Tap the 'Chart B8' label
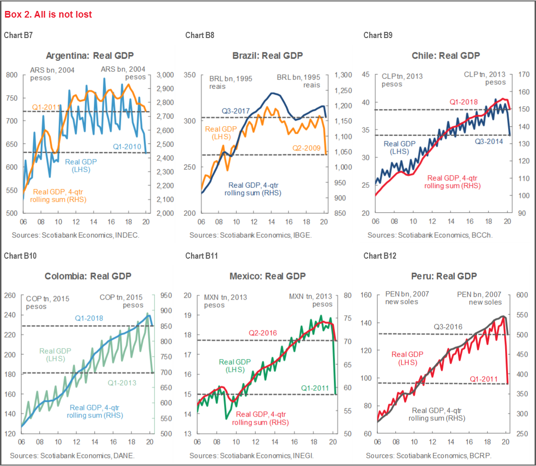point(196,35)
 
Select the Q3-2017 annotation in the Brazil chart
point(235,111)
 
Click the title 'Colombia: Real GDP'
point(88,276)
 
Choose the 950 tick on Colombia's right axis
point(166,295)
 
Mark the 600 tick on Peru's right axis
point(519,295)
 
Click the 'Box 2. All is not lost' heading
point(48,15)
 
